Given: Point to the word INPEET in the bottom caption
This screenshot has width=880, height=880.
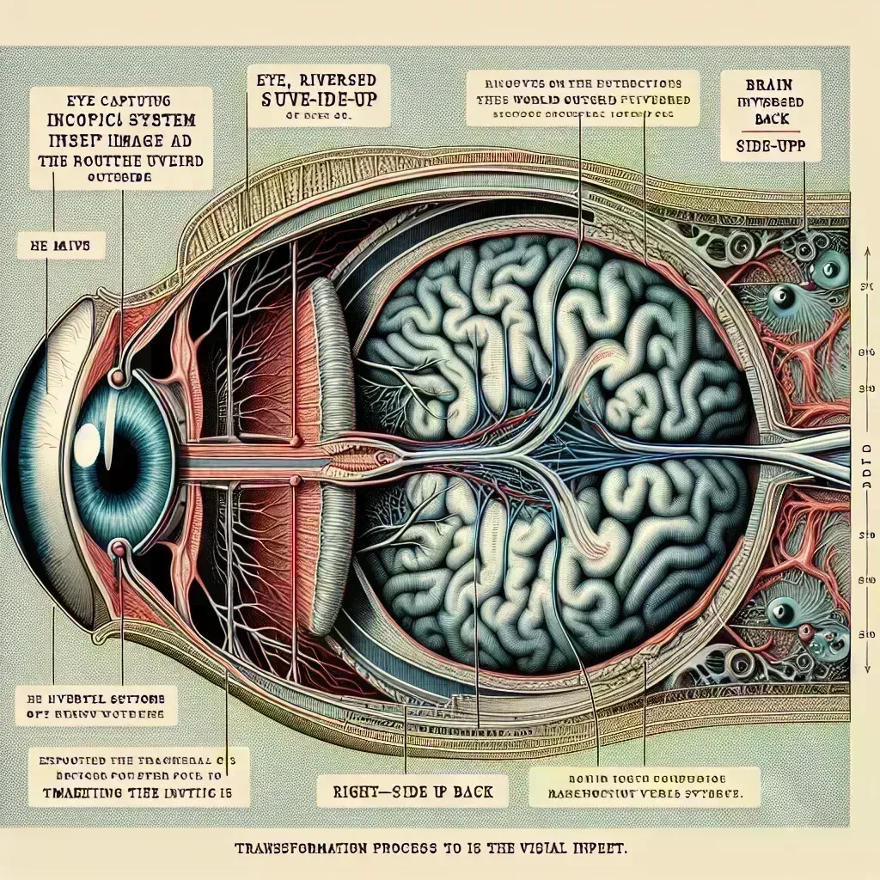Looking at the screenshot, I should (x=594, y=848).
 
